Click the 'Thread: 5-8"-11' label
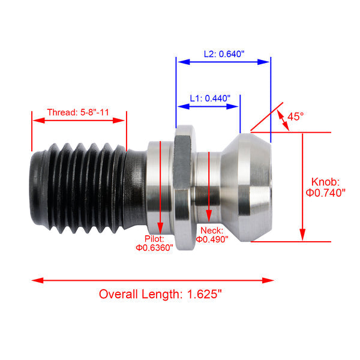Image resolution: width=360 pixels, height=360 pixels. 79,112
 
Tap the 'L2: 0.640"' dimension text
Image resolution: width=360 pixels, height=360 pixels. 223,53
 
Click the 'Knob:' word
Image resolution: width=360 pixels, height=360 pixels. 326,181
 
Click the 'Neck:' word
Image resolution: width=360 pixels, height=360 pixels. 212,230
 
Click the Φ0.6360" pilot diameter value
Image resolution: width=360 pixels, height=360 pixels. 154,247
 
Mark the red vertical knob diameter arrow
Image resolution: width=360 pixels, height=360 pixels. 303,186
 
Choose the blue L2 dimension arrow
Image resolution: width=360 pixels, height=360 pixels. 223,61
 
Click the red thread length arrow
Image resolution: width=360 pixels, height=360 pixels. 79,120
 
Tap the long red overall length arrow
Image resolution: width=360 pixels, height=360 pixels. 153,280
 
